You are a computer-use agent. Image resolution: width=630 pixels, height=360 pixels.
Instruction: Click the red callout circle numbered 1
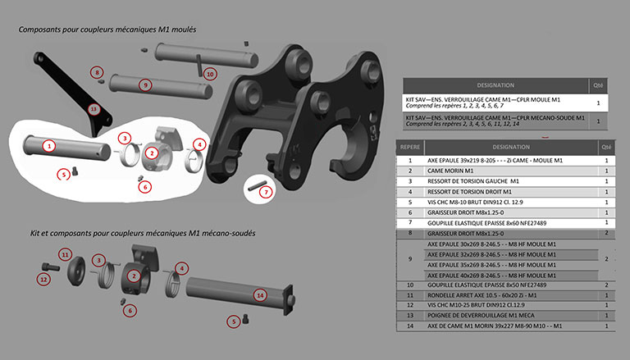pyautogui.click(x=50, y=145)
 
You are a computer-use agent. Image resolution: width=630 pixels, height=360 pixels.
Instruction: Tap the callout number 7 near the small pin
pyautogui.click(x=265, y=193)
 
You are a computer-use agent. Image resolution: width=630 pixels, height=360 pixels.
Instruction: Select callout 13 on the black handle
pyautogui.click(x=94, y=108)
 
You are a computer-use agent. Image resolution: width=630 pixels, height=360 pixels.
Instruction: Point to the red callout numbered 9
pyautogui.click(x=144, y=84)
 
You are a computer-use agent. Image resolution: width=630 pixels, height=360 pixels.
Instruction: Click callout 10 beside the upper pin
pyautogui.click(x=211, y=74)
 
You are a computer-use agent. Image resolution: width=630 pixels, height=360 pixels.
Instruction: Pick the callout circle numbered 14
pyautogui.click(x=260, y=294)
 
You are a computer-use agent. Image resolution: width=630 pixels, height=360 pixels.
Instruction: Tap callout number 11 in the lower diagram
pyautogui.click(x=66, y=255)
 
